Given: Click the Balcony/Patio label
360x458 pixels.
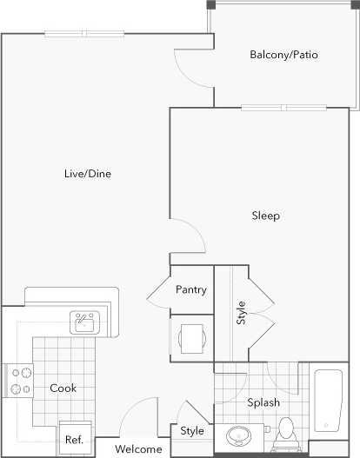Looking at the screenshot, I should [x=283, y=55].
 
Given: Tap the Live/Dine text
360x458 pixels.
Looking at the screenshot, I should [x=88, y=173].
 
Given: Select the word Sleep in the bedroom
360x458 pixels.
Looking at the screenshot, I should [x=265, y=216].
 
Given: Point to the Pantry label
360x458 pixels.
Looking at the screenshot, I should [x=191, y=289].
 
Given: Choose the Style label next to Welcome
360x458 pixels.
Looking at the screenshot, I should [x=192, y=431].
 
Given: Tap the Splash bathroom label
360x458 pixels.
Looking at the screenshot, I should [x=263, y=403].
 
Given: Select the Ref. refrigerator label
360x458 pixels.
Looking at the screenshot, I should [x=73, y=440].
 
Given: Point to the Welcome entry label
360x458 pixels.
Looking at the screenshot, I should [x=138, y=449].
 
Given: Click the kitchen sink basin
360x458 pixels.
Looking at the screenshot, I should [x=85, y=324].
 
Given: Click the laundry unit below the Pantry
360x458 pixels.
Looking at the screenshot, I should [x=191, y=337].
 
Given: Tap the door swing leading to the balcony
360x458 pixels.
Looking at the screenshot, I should [x=191, y=70].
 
